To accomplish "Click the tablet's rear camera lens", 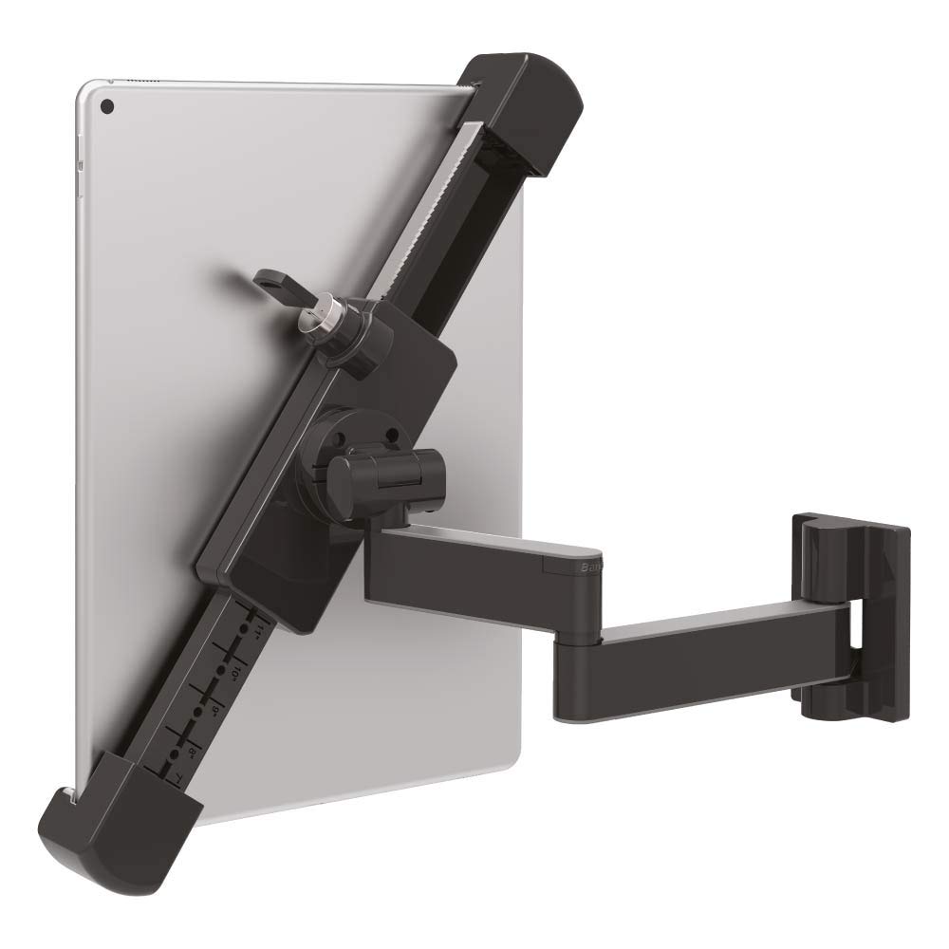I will point(106,105).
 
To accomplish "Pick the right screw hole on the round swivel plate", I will point(390,436).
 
